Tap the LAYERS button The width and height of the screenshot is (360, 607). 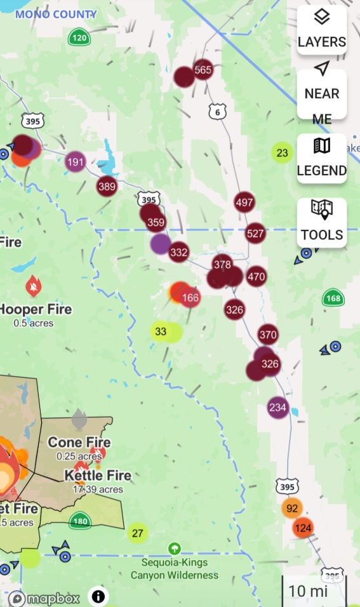pos(322,29)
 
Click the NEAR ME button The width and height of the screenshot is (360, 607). pos(322,93)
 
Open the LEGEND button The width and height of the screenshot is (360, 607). pos(322,158)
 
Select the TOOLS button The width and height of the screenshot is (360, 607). pos(322,222)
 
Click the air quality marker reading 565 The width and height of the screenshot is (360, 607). pos(203,70)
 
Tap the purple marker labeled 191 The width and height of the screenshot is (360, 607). pos(76,162)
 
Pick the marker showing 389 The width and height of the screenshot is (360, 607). pos(107,186)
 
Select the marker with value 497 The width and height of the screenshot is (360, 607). pos(244,203)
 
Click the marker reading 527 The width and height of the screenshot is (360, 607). pos(255,234)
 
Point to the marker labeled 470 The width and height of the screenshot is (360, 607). pos(257,277)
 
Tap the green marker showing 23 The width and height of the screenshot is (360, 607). pos(283,153)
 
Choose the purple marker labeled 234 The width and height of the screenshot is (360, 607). pos(278,408)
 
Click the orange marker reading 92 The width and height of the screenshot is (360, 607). pos(292,509)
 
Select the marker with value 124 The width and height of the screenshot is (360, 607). pos(303,528)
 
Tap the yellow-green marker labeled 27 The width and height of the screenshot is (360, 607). pos(137,533)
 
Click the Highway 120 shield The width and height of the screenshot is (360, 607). pos(79,37)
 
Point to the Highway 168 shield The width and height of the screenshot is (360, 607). pos(333,298)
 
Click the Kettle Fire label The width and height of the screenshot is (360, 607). pos(98,476)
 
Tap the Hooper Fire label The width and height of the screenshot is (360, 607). pos(36,310)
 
